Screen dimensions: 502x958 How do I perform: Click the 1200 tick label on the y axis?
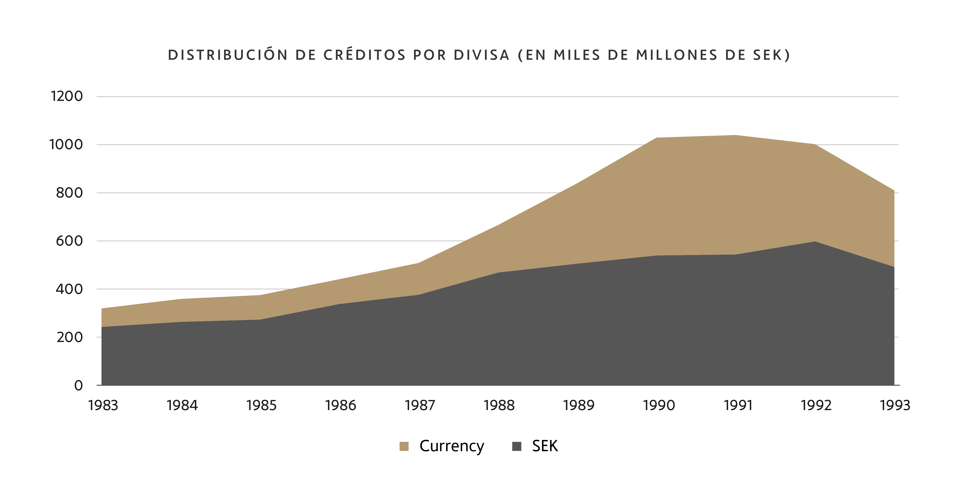(67, 96)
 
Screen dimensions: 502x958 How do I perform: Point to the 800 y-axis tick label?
(69, 193)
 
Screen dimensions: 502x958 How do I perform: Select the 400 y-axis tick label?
(69, 289)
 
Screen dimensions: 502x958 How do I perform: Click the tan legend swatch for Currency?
(404, 446)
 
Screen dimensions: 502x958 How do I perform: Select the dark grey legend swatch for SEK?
(517, 446)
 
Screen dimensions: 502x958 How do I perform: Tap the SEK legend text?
(545, 446)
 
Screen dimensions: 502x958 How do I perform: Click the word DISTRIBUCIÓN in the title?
(228, 55)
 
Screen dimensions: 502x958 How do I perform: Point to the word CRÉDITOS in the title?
(364, 55)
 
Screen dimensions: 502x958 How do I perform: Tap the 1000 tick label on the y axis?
(66, 145)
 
